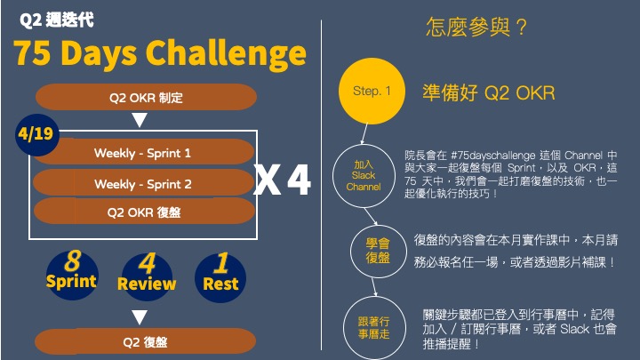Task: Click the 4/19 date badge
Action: [x=36, y=135]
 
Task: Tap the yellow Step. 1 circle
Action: [x=372, y=91]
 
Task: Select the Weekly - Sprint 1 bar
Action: [x=144, y=152]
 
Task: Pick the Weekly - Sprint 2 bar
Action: [x=144, y=183]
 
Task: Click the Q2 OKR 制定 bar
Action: [x=146, y=97]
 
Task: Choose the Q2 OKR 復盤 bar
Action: [x=145, y=212]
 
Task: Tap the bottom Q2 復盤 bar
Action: [x=145, y=341]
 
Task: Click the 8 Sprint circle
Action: [x=72, y=275]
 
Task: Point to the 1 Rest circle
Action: [x=220, y=277]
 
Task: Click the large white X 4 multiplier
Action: [x=282, y=180]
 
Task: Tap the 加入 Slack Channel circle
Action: [x=364, y=175]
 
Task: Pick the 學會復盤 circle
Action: [x=379, y=251]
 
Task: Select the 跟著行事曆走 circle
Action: [x=374, y=328]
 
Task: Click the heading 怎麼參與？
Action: [x=476, y=27]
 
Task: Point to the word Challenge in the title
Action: [x=226, y=54]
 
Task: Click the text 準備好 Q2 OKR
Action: [x=489, y=93]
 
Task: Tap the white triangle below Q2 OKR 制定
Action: [x=140, y=120]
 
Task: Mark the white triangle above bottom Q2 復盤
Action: [x=140, y=317]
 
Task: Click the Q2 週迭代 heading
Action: [x=57, y=20]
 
